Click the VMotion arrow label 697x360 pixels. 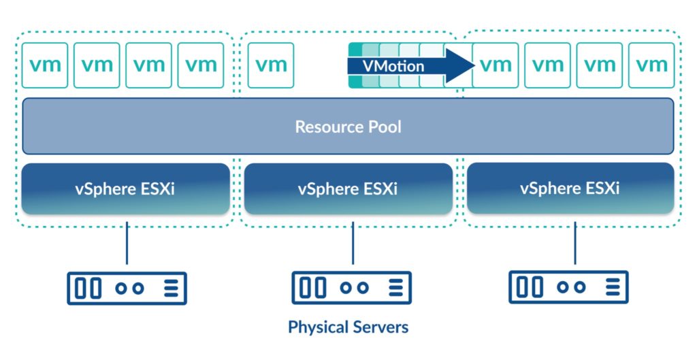(393, 66)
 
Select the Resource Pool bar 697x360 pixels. (348, 126)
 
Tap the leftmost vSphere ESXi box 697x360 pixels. (125, 189)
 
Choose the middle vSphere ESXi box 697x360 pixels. (348, 189)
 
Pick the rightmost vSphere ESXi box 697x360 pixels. (570, 188)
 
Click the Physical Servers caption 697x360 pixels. (348, 327)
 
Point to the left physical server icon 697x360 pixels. (127, 289)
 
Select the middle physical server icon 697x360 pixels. (352, 288)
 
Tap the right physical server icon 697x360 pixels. (568, 287)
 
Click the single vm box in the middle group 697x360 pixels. (271, 65)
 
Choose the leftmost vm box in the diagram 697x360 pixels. (45, 65)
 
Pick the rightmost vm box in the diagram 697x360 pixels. (651, 65)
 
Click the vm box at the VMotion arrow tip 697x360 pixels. (496, 65)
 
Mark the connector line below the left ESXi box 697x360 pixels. (127, 243)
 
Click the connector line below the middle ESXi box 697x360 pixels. (353, 243)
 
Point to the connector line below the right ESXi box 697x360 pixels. (574, 243)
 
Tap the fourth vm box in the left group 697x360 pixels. (201, 65)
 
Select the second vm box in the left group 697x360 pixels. (97, 65)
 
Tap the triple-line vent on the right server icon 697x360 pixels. (613, 287)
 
